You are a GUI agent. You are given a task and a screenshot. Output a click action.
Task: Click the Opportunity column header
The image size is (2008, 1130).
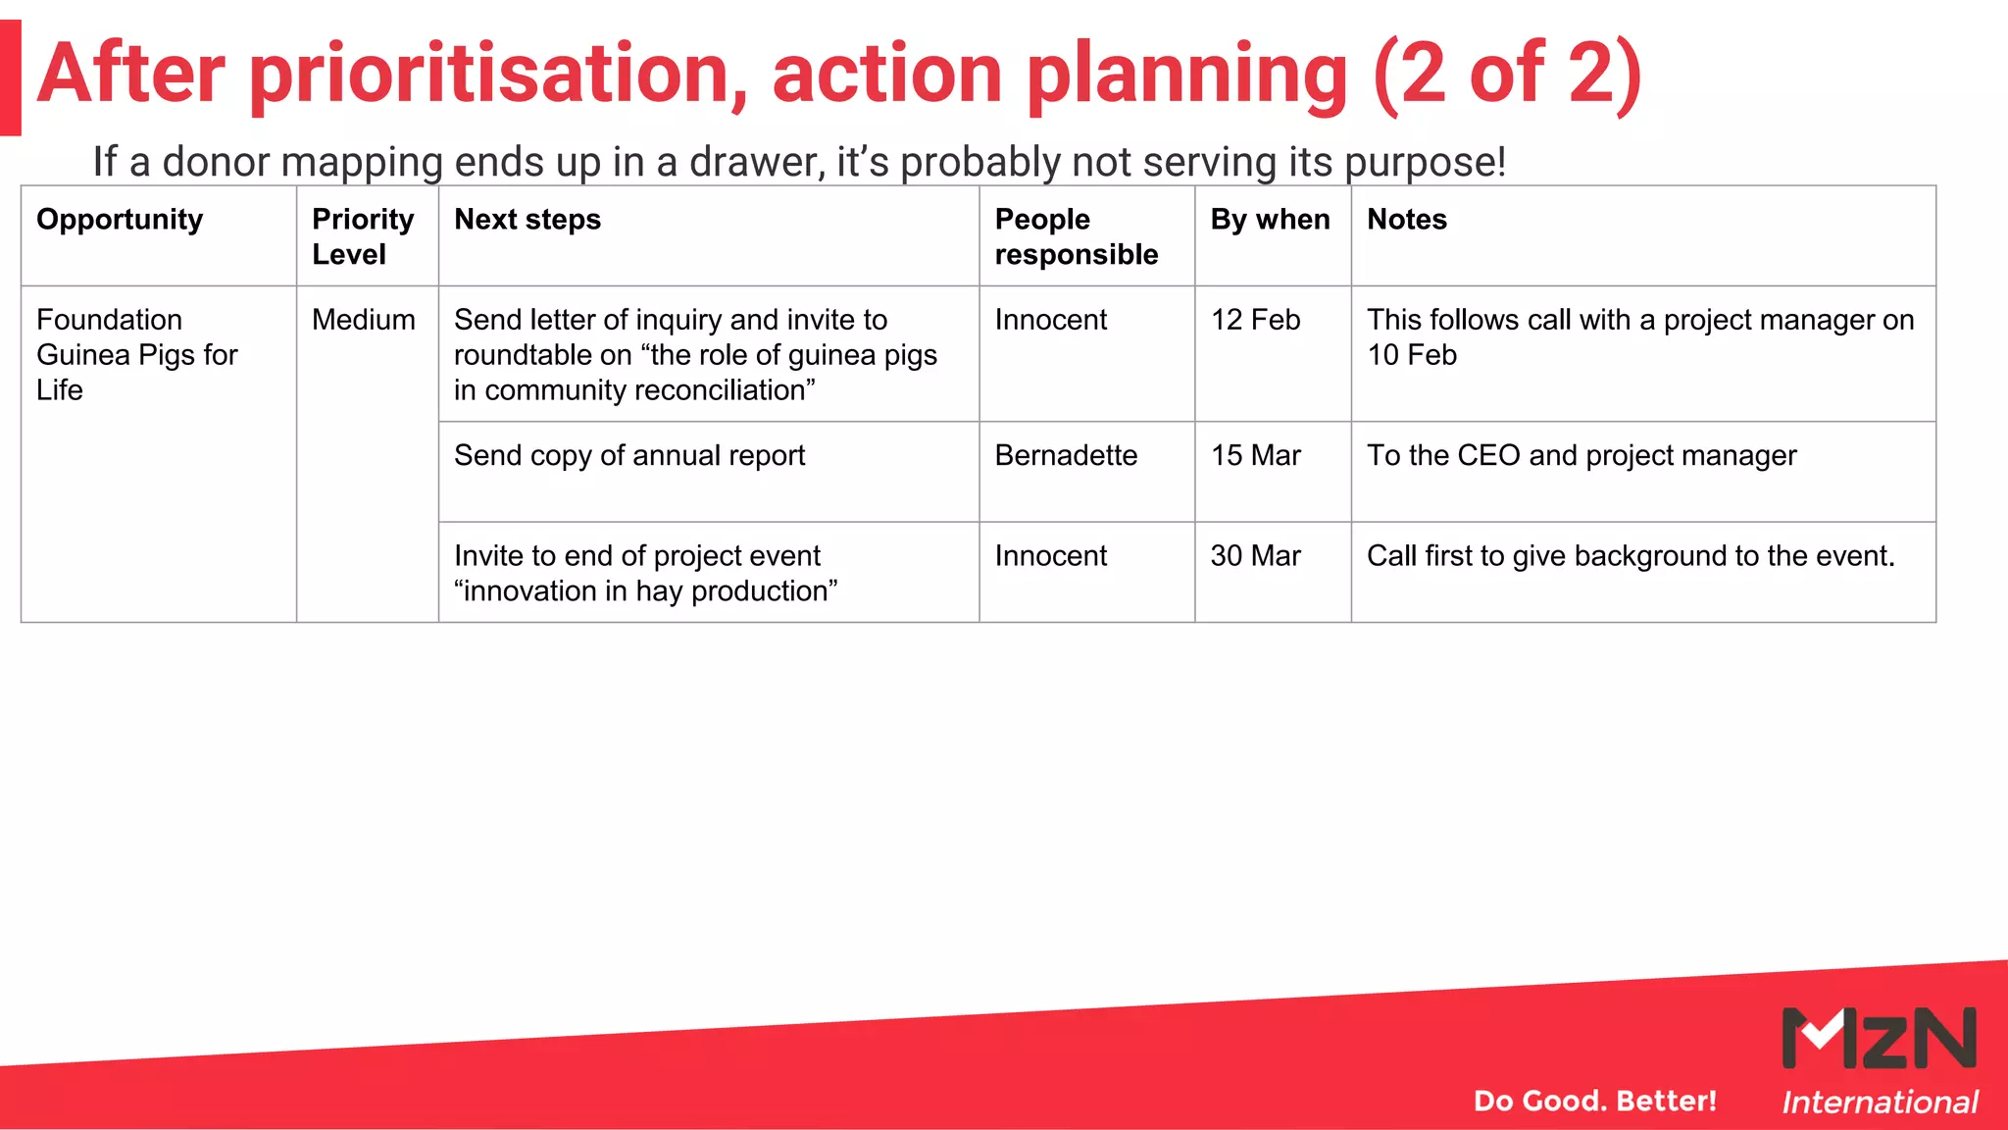pos(120,220)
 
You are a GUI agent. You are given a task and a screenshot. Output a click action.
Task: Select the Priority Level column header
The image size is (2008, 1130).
pos(363,236)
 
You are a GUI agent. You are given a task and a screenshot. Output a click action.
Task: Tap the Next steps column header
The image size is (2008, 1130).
pos(527,220)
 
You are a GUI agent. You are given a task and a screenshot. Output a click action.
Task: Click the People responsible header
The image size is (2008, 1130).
pos(1076,236)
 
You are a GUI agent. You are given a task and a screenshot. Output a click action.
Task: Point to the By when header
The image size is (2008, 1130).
pos(1270,220)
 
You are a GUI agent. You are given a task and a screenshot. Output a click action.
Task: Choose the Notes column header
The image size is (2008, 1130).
pos(1407,220)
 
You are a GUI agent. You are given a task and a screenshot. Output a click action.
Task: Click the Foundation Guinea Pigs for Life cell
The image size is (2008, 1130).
pos(136,354)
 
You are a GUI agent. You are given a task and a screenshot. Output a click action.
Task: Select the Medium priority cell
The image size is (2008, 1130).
pos(363,320)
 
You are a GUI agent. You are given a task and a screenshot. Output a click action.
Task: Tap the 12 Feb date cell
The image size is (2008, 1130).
pos(1255,320)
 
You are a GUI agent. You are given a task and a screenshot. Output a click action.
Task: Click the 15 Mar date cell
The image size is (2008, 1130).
pos(1255,455)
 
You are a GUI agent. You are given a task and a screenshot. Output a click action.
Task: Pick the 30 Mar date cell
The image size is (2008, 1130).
pos(1255,556)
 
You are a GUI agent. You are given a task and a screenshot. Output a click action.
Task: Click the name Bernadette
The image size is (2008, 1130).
pos(1066,455)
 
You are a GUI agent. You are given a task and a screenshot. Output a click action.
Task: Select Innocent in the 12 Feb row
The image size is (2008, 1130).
pos(1050,320)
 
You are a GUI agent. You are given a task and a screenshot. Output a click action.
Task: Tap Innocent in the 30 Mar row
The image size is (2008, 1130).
pos(1050,556)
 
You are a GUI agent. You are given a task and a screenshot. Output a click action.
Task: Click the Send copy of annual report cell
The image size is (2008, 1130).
pos(628,455)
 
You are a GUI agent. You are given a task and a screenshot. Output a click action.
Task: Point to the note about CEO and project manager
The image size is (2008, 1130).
pos(1581,455)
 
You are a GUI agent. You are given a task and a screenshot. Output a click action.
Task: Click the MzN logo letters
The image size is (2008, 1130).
pos(1879,1038)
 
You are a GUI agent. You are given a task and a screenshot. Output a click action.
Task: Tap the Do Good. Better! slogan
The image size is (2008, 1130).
pos(1594,1101)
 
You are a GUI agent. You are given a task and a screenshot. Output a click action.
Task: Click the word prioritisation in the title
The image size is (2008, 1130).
pos(498,75)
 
